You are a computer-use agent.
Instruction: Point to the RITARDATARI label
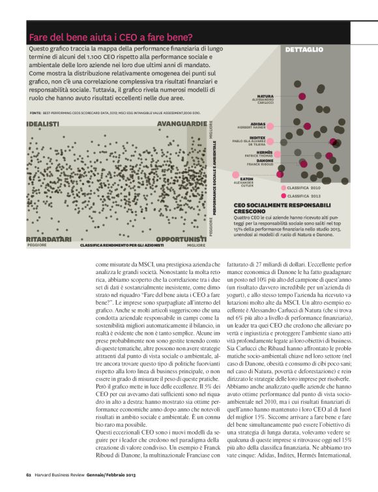tap(50, 239)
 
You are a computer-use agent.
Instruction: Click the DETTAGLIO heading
tap(304, 50)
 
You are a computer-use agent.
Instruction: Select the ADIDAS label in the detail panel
tap(257, 123)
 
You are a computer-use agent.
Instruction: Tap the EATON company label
tap(246, 178)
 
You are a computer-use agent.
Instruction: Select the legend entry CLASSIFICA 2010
tap(304, 187)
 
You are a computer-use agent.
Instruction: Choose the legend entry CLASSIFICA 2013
tap(304, 195)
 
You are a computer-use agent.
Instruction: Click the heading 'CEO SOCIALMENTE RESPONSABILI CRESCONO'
tap(268, 208)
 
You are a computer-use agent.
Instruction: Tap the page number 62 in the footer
tap(29, 474)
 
